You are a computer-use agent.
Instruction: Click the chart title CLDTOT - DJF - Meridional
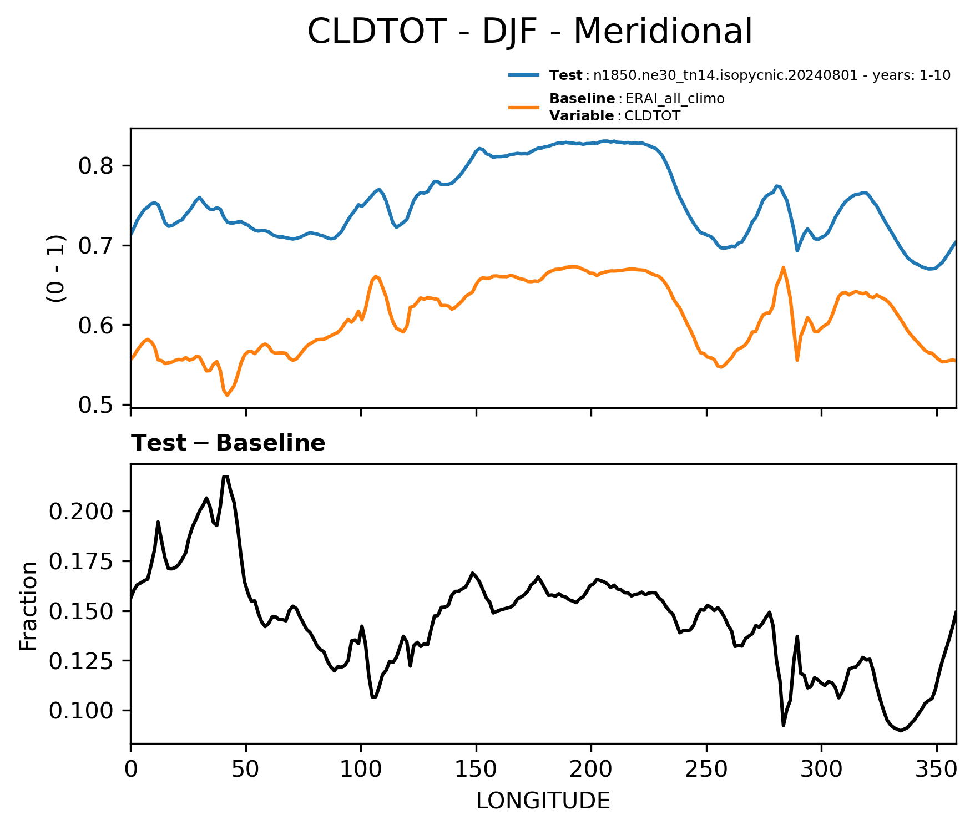tap(530, 31)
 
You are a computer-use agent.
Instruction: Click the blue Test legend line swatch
tap(524, 75)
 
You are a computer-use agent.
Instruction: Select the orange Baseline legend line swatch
tap(524, 107)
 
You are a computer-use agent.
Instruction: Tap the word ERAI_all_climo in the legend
tap(675, 99)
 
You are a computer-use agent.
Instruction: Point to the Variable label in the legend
tap(582, 116)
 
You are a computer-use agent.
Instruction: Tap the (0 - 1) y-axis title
tap(56, 269)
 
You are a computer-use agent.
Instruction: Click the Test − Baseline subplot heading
tap(228, 443)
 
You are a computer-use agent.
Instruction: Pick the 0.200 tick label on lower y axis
tap(82, 511)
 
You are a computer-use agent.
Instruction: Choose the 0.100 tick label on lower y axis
tap(82, 711)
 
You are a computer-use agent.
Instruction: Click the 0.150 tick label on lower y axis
tap(82, 611)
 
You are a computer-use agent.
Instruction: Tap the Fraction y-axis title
tap(28, 606)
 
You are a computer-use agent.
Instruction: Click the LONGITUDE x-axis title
tap(543, 801)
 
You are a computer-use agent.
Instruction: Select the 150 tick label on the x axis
tap(476, 769)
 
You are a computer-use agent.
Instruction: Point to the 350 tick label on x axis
tap(937, 769)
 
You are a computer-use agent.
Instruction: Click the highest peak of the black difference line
tap(225, 477)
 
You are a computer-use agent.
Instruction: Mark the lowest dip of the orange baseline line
tap(227, 395)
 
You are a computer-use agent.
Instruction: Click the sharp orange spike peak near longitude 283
tap(783, 267)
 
